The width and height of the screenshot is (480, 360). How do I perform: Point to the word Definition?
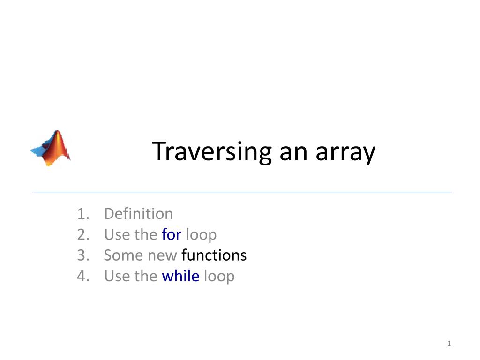click(x=138, y=214)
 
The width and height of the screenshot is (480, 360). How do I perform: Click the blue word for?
click(x=172, y=234)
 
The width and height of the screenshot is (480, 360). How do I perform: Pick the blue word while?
click(x=180, y=276)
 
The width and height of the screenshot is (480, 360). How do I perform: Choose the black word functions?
click(x=214, y=255)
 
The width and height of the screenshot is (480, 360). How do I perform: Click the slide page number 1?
click(x=449, y=345)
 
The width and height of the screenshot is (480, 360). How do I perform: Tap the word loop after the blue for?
click(x=201, y=235)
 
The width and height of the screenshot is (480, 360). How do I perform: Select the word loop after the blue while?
click(x=219, y=277)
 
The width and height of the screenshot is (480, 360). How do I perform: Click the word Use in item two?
click(x=116, y=234)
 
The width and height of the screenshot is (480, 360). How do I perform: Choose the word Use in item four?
click(x=116, y=276)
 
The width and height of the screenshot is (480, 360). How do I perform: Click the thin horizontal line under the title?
click(x=242, y=192)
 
